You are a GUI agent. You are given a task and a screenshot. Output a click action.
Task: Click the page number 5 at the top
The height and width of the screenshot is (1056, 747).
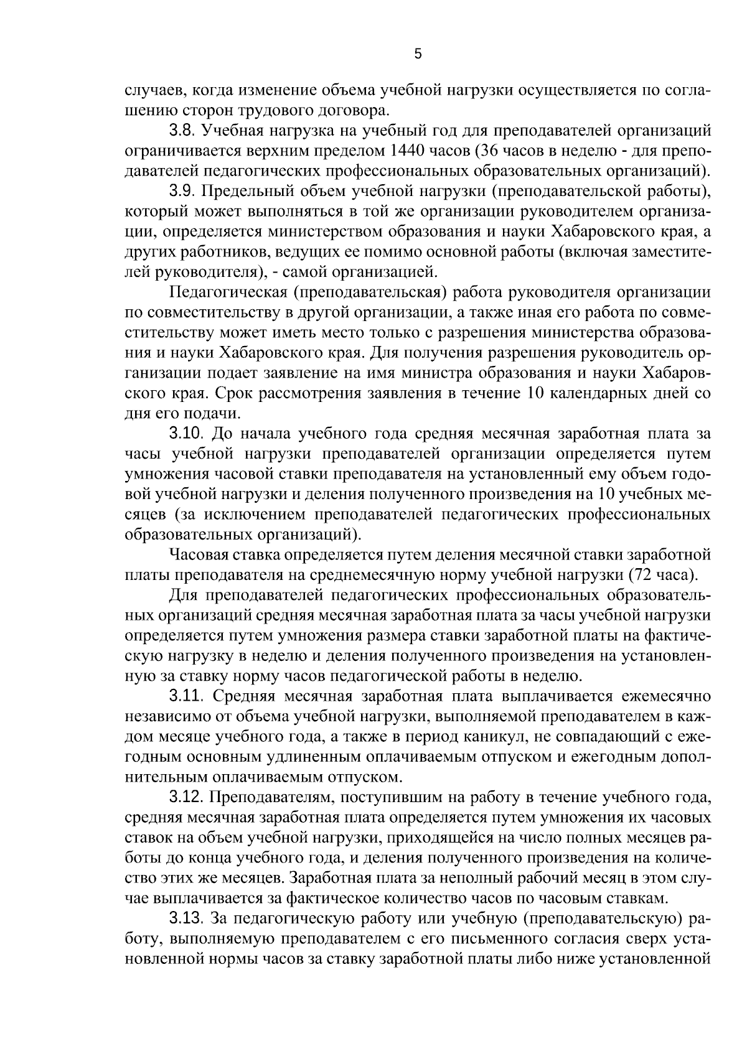pyautogui.click(x=418, y=54)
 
